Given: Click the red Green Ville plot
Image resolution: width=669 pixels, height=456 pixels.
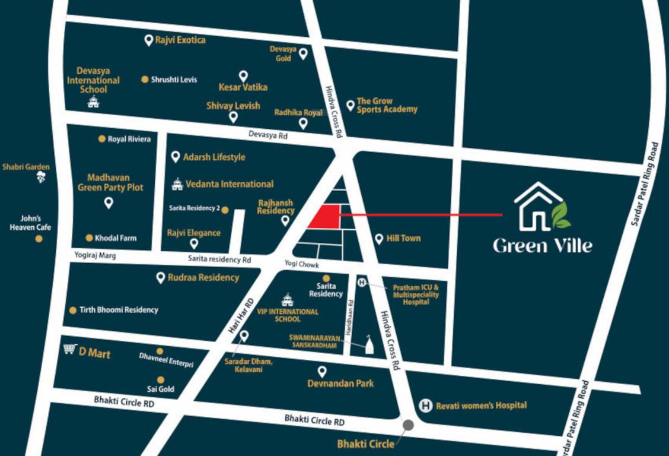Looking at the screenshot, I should point(326,217).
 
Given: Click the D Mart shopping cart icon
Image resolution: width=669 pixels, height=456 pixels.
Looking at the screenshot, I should point(70,349).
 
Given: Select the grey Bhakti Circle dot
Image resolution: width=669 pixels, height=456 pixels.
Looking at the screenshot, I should point(408,425).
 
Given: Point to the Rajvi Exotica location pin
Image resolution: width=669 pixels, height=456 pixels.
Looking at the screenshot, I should point(149,40).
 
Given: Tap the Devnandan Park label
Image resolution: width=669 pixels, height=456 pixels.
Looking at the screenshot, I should point(340,384).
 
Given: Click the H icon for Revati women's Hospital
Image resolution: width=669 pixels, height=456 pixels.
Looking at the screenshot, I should point(425,406).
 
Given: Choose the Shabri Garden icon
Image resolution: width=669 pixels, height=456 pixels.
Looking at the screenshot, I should point(41,177).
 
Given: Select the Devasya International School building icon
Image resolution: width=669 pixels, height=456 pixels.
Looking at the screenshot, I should point(93,102).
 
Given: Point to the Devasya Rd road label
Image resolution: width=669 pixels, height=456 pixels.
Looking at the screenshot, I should point(268,135).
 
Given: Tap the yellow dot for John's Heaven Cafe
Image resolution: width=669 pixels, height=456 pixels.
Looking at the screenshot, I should point(39,239).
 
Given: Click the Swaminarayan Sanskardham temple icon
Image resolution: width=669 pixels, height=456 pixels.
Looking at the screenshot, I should point(369,346).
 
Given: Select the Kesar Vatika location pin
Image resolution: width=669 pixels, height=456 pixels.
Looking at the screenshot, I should point(243,76).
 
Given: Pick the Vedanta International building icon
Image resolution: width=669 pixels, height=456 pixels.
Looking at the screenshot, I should point(176,184).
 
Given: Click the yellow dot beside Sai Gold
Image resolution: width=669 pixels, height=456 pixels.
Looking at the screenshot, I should point(160,379).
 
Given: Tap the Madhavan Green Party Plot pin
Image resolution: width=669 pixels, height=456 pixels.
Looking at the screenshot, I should point(109,203).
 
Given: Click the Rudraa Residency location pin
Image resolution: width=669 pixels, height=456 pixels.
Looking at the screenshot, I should point(160,277).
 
